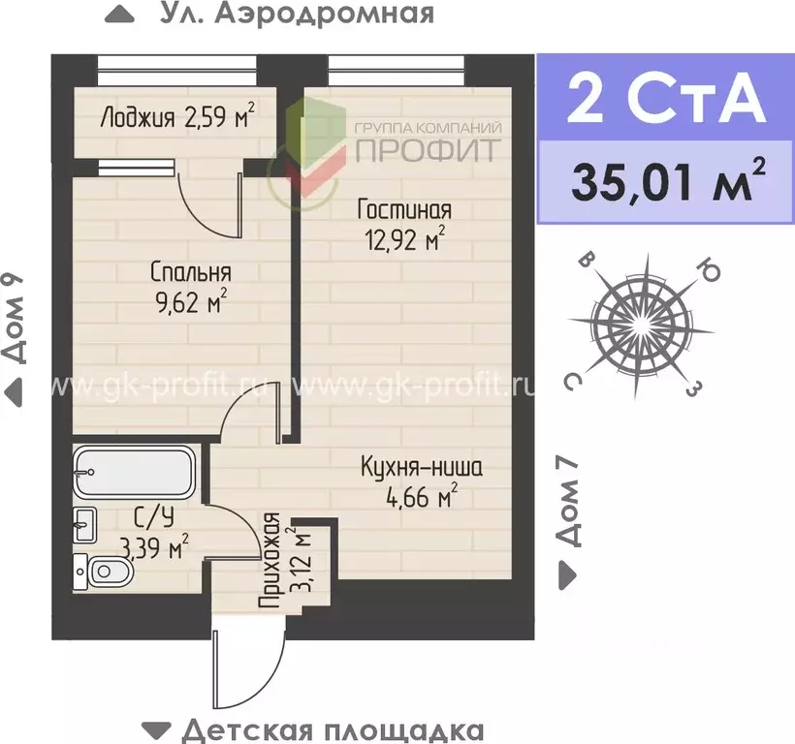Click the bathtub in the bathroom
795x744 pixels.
[136, 472]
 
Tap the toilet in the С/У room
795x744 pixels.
[102, 573]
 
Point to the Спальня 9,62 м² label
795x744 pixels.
[190, 288]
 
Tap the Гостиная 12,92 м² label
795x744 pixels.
[403, 224]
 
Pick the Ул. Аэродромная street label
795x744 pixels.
[282, 15]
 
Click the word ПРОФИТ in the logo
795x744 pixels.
[428, 150]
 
